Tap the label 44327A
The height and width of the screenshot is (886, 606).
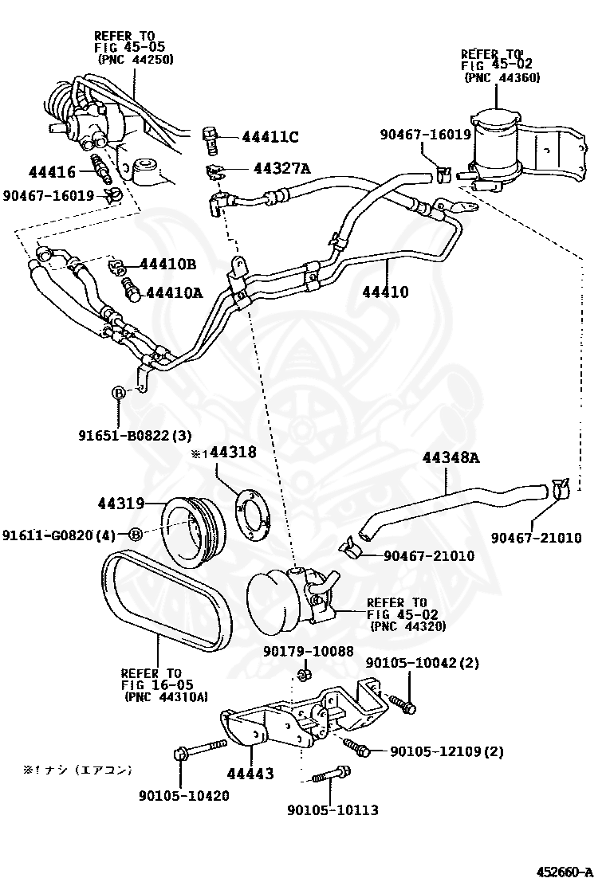(x=281, y=168)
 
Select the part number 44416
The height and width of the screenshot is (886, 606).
(x=52, y=172)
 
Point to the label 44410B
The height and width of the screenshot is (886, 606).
(x=167, y=264)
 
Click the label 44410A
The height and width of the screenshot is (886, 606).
(x=173, y=292)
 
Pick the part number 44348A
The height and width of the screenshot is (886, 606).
(x=451, y=457)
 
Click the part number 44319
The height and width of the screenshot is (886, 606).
(x=121, y=504)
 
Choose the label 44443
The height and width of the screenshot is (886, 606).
(x=250, y=774)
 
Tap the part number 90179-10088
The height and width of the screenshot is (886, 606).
(x=309, y=651)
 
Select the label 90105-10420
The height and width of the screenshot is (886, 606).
(x=183, y=795)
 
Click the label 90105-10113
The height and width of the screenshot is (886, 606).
(x=333, y=810)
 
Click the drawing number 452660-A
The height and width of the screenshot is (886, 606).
(x=565, y=872)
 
